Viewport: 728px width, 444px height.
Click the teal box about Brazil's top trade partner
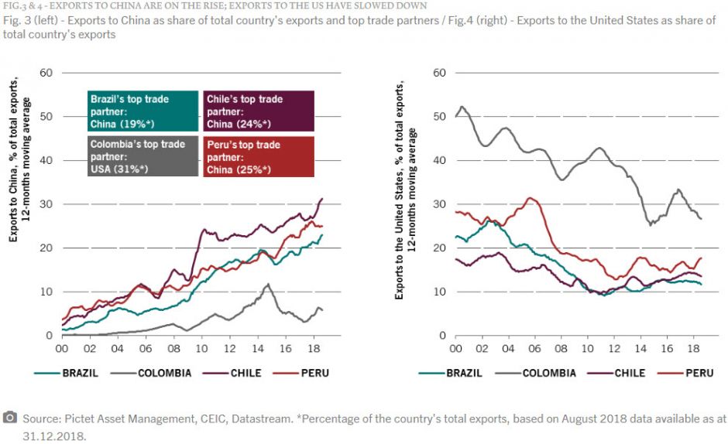[142, 111]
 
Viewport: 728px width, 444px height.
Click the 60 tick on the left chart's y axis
[46, 73]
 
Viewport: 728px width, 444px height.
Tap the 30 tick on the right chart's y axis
[441, 204]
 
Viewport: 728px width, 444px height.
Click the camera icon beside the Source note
[10, 418]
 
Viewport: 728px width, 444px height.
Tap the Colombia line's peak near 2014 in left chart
[267, 284]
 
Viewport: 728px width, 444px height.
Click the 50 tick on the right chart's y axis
[441, 117]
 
